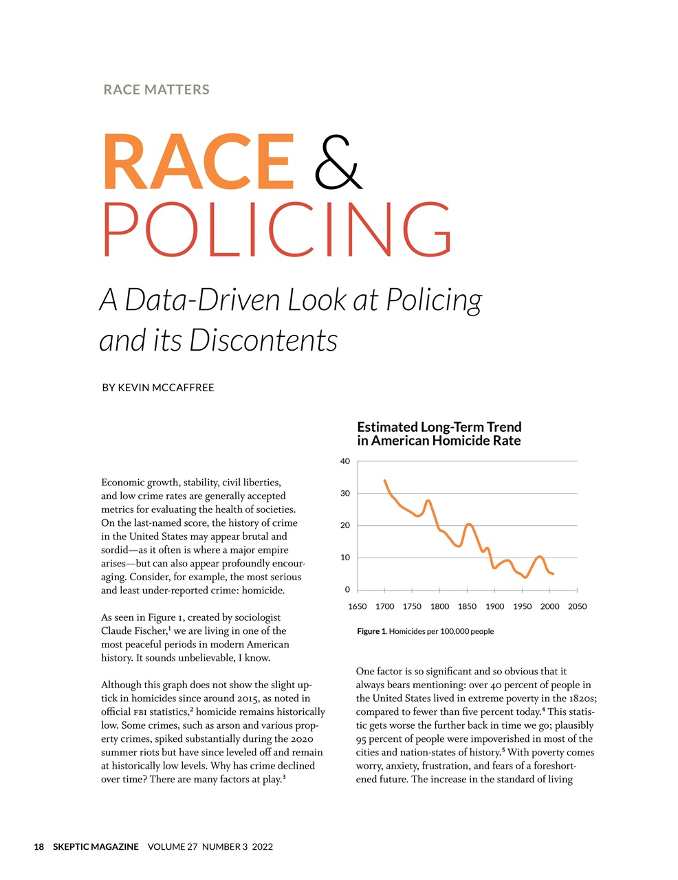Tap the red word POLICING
pos(277,230)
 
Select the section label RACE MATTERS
pos(156,89)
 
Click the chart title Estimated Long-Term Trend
pos(439,427)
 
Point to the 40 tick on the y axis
pos(345,461)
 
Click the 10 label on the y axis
pos(345,558)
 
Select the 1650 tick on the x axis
pos(357,606)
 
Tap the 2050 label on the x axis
pos(577,606)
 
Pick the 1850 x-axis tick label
pos(467,606)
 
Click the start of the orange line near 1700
pos(384,481)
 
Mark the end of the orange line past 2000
pos(553,573)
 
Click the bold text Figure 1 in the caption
pos(371,631)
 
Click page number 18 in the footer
pos(39,847)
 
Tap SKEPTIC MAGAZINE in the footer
pos(96,847)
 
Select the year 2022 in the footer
pos(262,847)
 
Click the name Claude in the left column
pos(118,631)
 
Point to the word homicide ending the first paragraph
pos(259,591)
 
